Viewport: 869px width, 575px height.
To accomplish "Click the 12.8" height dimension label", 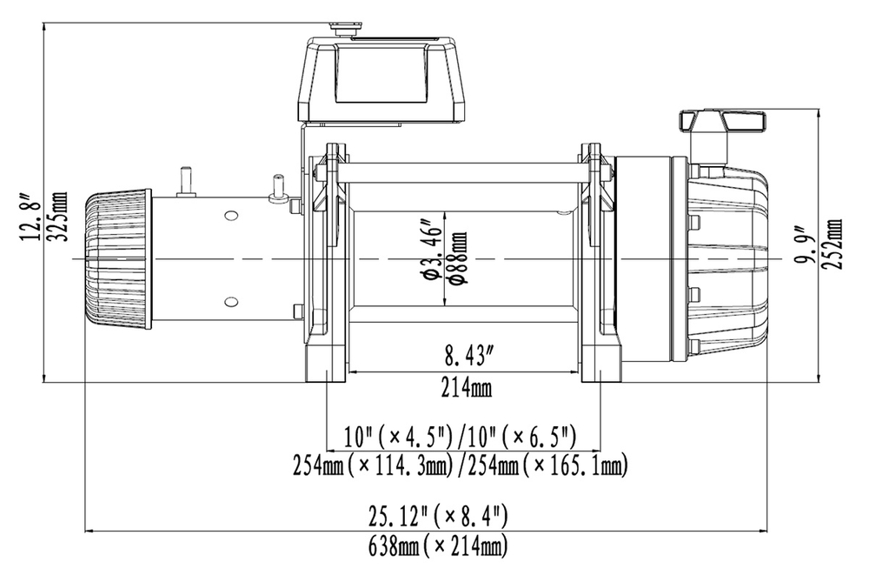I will point(33,217).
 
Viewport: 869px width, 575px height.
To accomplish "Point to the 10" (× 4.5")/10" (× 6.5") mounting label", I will point(461,435).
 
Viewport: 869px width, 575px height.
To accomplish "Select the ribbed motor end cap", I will point(116,259).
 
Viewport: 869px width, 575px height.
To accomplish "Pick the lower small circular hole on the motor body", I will point(230,302).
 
